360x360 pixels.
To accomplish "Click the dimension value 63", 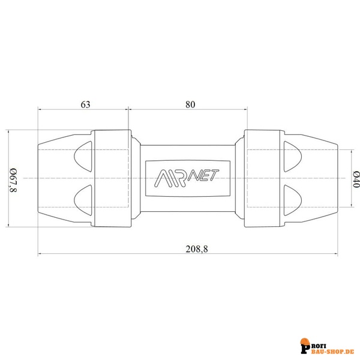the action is coord(85,104).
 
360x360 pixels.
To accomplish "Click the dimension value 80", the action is coord(190,104).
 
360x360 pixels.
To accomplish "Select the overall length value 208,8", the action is coord(197,249).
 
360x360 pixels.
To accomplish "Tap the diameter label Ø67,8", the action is coord(13,180).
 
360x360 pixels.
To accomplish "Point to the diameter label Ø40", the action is coord(356,179).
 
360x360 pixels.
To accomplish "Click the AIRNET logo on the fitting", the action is coord(187,178).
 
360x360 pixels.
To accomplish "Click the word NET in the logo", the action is coord(203,176).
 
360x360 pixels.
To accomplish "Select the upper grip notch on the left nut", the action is coord(83,157).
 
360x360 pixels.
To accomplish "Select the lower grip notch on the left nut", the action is coord(83,200).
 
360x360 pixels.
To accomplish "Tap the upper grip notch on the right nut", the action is coord(293,157).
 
